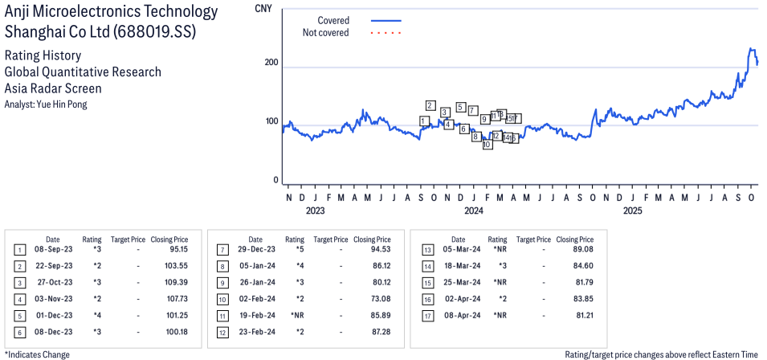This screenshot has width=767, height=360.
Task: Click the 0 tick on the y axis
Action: [276, 181]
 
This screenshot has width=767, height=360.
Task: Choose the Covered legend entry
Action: [333, 20]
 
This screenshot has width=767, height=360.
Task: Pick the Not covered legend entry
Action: [325, 33]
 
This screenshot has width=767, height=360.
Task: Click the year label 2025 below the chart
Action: [633, 211]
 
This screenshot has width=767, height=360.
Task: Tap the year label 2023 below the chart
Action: [315, 211]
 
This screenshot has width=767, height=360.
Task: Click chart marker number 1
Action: [424, 121]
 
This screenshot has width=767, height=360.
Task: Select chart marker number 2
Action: [430, 105]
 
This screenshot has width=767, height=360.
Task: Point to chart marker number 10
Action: [487, 145]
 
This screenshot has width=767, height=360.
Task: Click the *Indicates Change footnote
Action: [38, 354]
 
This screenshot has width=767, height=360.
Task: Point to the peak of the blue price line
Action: [751, 49]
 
